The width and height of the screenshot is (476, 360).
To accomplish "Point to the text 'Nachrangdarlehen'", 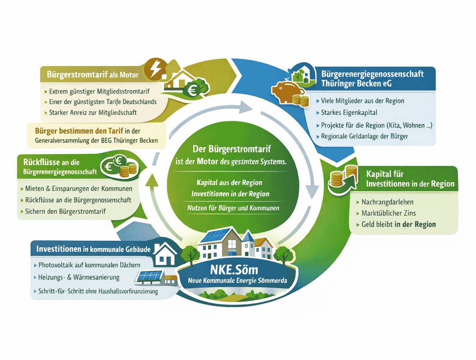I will tap(387, 202).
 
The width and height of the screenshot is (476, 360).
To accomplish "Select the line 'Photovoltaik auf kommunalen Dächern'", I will tap(89, 265).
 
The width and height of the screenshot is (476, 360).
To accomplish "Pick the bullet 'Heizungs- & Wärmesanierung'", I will tap(79, 278).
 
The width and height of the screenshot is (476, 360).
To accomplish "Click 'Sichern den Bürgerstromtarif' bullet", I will tap(65, 211).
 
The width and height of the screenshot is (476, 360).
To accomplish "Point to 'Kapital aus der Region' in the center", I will tap(230, 182).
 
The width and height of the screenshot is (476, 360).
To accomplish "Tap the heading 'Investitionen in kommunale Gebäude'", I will tap(93, 249).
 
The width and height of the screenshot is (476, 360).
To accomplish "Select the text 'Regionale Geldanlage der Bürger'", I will tap(364, 136).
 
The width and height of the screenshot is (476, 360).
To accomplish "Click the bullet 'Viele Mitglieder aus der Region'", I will tap(363, 101).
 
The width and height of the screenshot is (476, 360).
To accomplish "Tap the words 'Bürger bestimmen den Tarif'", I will tap(79, 131).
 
